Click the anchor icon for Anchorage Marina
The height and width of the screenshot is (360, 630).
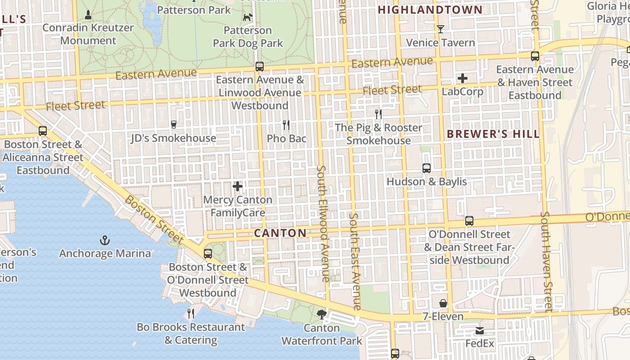coord(104,240)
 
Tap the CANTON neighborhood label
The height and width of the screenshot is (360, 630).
coord(280,233)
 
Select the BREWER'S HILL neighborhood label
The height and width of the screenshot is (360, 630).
coord(493,134)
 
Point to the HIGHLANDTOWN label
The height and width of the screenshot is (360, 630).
coord(430,10)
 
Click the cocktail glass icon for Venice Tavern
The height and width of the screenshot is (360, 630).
coord(441,29)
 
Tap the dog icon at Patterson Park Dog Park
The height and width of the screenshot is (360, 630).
coord(247,18)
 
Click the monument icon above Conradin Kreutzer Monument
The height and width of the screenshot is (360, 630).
coord(88,15)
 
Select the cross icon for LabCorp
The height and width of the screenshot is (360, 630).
coord(462,79)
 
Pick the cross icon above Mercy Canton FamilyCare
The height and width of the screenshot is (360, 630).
coord(238,186)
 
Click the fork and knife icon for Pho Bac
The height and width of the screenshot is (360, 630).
coord(286,125)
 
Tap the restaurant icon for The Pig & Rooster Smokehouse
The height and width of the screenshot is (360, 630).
coord(378,114)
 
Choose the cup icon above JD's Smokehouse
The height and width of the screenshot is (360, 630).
coord(173,125)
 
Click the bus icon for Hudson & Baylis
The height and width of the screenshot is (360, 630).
coord(427,168)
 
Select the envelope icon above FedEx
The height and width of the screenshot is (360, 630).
coord(480,331)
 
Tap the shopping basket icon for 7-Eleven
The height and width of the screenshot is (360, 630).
coord(443,303)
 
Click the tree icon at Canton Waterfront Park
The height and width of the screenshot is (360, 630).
coord(321,314)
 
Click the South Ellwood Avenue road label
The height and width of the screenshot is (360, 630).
coord(323,224)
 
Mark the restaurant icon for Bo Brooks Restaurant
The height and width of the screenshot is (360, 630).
coord(191,313)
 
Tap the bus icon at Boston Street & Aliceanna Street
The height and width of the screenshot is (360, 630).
coord(43,131)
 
